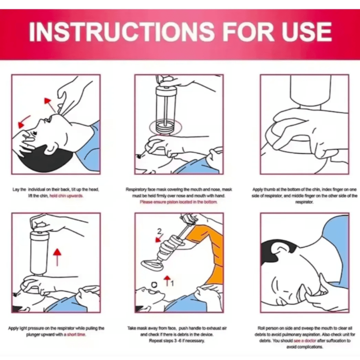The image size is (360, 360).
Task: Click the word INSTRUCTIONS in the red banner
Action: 122,32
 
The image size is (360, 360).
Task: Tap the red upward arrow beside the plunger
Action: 57,257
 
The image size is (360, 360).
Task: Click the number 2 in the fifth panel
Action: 159,231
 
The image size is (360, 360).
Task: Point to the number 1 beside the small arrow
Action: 172,283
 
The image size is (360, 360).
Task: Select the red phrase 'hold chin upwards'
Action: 66,196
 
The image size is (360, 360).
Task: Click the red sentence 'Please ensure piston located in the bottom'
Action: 178,202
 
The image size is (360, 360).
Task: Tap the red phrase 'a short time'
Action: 75,334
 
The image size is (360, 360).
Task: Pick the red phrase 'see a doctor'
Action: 305,341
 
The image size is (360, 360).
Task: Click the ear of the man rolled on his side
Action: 281,250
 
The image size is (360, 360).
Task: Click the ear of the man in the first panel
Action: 50,149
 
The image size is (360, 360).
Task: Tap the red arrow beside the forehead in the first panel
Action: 24,122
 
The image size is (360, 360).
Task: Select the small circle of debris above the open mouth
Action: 154,285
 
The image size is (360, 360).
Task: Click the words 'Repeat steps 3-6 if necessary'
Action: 177,341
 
